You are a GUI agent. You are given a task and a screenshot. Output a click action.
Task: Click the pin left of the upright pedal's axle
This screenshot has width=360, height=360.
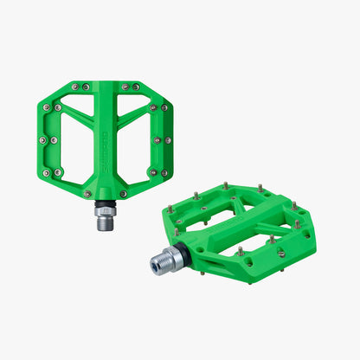click(x=86, y=194)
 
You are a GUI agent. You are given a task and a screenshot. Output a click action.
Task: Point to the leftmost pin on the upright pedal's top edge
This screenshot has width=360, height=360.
click(x=74, y=87)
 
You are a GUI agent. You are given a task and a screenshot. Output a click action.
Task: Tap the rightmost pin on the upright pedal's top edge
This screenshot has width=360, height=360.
click(x=138, y=87)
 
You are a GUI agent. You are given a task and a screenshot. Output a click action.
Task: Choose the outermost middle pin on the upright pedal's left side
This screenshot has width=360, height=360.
click(x=41, y=138)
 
